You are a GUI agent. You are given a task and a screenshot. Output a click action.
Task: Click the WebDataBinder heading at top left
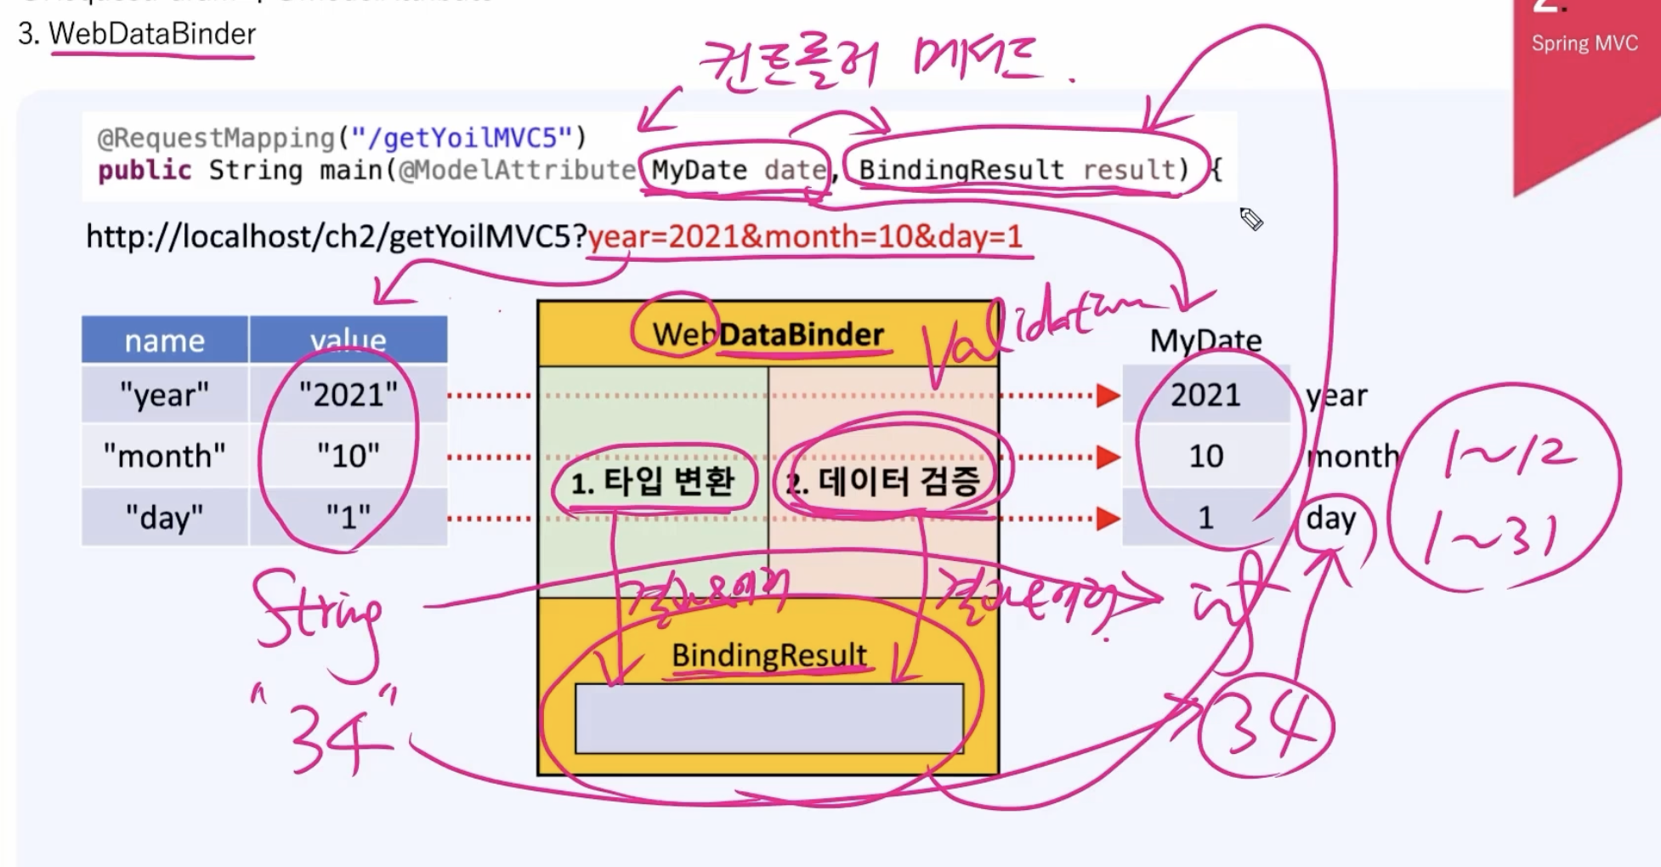[x=151, y=34]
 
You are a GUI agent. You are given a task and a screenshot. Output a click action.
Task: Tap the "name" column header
[x=165, y=341]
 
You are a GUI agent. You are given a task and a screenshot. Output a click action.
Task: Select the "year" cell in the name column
[x=165, y=395]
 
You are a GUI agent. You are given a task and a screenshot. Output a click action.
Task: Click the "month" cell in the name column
[x=165, y=456]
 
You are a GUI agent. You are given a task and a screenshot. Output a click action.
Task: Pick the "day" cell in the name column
[x=165, y=517]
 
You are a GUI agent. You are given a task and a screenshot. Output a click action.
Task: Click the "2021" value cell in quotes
[x=349, y=395]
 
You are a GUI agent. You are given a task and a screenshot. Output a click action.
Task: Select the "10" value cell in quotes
[x=349, y=456]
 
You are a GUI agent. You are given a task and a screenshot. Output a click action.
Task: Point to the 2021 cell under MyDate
[x=1205, y=395]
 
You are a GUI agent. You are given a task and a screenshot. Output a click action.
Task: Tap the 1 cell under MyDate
[x=1205, y=518]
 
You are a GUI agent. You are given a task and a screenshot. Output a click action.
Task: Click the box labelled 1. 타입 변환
[x=653, y=482]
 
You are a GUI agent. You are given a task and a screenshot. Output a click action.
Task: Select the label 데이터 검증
[x=898, y=482]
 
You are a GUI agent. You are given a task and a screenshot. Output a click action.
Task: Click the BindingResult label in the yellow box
[x=768, y=655]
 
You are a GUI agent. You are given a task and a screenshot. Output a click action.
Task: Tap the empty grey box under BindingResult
[x=768, y=719]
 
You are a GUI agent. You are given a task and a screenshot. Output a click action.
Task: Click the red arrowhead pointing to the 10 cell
[x=1108, y=457]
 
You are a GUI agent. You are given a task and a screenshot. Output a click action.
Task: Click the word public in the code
[x=145, y=170]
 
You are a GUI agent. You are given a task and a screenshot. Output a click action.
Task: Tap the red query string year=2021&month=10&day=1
[x=805, y=236]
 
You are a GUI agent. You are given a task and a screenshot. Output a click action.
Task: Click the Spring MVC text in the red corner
[x=1584, y=43]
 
